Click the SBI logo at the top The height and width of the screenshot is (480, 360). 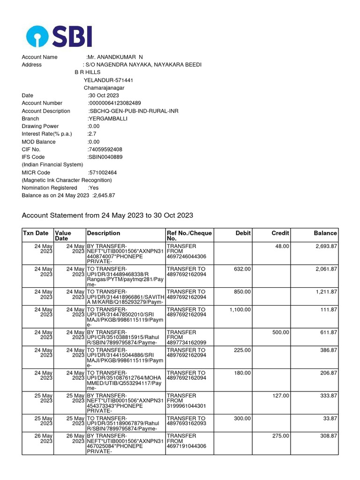tap(59, 36)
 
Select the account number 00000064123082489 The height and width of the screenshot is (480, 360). tap(115, 103)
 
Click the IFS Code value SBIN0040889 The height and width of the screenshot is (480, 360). tap(105, 157)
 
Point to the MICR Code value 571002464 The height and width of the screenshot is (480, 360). tap(103, 172)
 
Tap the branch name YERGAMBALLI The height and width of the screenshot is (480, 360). tap(107, 119)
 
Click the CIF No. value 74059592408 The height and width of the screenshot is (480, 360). tap(105, 150)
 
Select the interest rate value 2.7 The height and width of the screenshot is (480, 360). tap(92, 134)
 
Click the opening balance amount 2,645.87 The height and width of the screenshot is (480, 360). tap(104, 195)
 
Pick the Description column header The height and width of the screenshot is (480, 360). tap(104, 233)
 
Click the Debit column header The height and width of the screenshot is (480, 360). tap(243, 233)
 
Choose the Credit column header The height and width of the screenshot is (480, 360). tap(280, 233)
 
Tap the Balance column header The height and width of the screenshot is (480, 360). tap(325, 233)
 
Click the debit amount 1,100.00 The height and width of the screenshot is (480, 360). tap(240, 310)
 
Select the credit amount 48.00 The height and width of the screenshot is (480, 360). tap(282, 246)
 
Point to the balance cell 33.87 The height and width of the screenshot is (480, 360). tap(329, 419)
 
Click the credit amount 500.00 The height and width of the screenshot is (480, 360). tap(281, 332)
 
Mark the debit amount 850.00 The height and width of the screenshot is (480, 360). tap(242, 292)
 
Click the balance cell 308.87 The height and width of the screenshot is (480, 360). tap(327, 436)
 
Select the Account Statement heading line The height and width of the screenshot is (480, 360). tap(107, 215)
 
